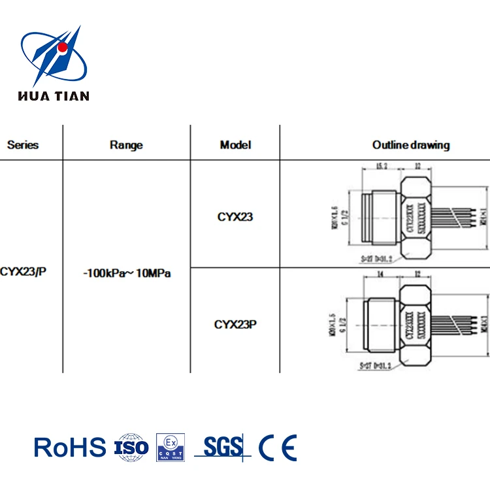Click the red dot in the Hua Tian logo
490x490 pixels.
pos(62,48)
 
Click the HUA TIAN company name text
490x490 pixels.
pos(53,96)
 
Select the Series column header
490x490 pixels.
pos(23,145)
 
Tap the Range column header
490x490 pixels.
pos(126,145)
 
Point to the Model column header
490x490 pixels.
pos(235,145)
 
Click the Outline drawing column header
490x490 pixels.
pos(411,145)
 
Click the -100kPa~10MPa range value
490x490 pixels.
pos(127,274)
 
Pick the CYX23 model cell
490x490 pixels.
pos(235,217)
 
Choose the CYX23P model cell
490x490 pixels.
pos(235,324)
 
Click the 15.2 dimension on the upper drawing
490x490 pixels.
pos(380,167)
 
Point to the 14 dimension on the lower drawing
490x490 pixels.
pos(380,276)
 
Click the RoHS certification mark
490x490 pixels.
pos(70,448)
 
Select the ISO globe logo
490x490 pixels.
pos(131,448)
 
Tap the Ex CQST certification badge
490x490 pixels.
pos(171,448)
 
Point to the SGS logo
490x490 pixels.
pos(223,447)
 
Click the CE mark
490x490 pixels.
pos(277,448)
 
